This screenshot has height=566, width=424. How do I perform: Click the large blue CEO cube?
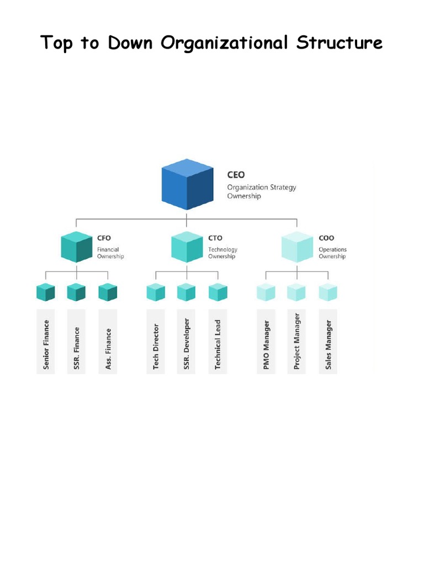point(187,185)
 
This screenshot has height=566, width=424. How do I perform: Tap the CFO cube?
point(77,247)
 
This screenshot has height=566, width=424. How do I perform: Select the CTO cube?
point(187,247)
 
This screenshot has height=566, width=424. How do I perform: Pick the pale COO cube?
point(298,247)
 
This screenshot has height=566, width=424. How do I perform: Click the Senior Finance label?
point(46,345)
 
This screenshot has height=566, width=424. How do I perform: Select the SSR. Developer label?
point(187,344)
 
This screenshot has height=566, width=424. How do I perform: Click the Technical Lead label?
point(218,345)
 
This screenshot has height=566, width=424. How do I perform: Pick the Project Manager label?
point(297,342)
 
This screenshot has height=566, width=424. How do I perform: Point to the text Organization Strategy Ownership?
point(261,191)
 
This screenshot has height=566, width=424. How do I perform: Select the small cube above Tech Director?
point(156,292)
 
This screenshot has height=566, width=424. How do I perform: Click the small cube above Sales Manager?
point(328,292)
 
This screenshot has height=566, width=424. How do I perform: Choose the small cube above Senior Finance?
point(46,292)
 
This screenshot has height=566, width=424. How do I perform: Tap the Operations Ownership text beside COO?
point(332,253)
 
